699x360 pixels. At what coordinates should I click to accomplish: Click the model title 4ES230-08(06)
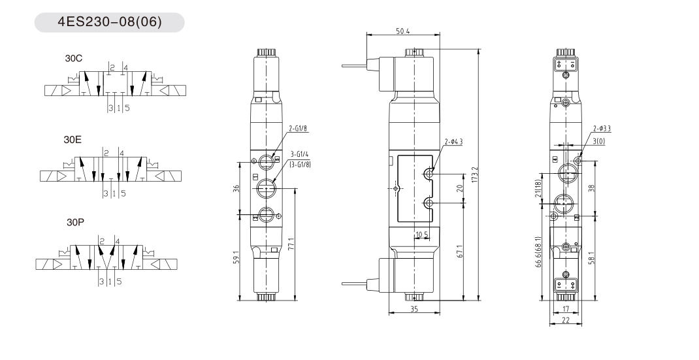click(110, 22)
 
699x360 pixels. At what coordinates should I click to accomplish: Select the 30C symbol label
click(74, 58)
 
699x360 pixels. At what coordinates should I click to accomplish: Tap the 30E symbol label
click(73, 140)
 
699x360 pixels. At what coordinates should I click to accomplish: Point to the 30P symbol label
click(75, 222)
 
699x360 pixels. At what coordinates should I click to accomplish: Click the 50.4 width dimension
click(402, 31)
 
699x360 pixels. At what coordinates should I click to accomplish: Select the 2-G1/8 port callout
click(299, 129)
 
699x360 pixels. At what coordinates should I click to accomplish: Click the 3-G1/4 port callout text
click(300, 154)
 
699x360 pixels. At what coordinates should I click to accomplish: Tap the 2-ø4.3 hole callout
click(453, 142)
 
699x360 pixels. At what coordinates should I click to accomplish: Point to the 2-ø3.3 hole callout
click(602, 129)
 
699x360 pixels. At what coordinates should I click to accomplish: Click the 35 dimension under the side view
click(414, 308)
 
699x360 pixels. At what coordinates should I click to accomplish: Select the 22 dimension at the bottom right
click(566, 320)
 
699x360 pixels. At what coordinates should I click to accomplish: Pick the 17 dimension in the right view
click(566, 308)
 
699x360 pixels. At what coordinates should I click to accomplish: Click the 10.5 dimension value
click(422, 235)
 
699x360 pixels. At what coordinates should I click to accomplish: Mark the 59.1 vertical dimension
click(236, 257)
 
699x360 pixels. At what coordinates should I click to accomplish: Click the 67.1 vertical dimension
click(460, 251)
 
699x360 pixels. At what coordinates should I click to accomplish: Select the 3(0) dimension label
click(599, 142)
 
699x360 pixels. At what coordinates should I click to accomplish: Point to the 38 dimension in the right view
click(592, 188)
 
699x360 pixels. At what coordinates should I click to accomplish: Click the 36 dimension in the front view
click(236, 188)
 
